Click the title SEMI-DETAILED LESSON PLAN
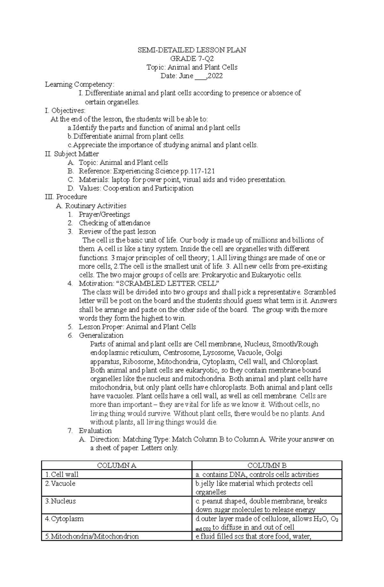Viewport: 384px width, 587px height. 192,50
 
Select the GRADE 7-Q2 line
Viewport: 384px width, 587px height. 192,59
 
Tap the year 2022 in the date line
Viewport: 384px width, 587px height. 215,76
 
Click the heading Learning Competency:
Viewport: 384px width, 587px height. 79,84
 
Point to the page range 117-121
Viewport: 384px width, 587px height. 203,171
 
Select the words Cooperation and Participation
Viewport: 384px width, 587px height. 148,188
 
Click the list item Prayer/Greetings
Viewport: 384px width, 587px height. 104,214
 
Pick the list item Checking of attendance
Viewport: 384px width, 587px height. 115,223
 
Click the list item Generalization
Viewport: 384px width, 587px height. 101,335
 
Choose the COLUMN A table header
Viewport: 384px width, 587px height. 116,465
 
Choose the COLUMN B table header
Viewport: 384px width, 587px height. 267,465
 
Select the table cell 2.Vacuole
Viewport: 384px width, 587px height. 60,483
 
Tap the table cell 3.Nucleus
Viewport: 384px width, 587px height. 60,501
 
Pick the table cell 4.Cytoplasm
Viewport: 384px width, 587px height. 64,519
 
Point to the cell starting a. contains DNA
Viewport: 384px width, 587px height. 257,474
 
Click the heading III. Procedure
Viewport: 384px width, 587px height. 66,197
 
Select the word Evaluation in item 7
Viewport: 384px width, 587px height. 95,431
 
